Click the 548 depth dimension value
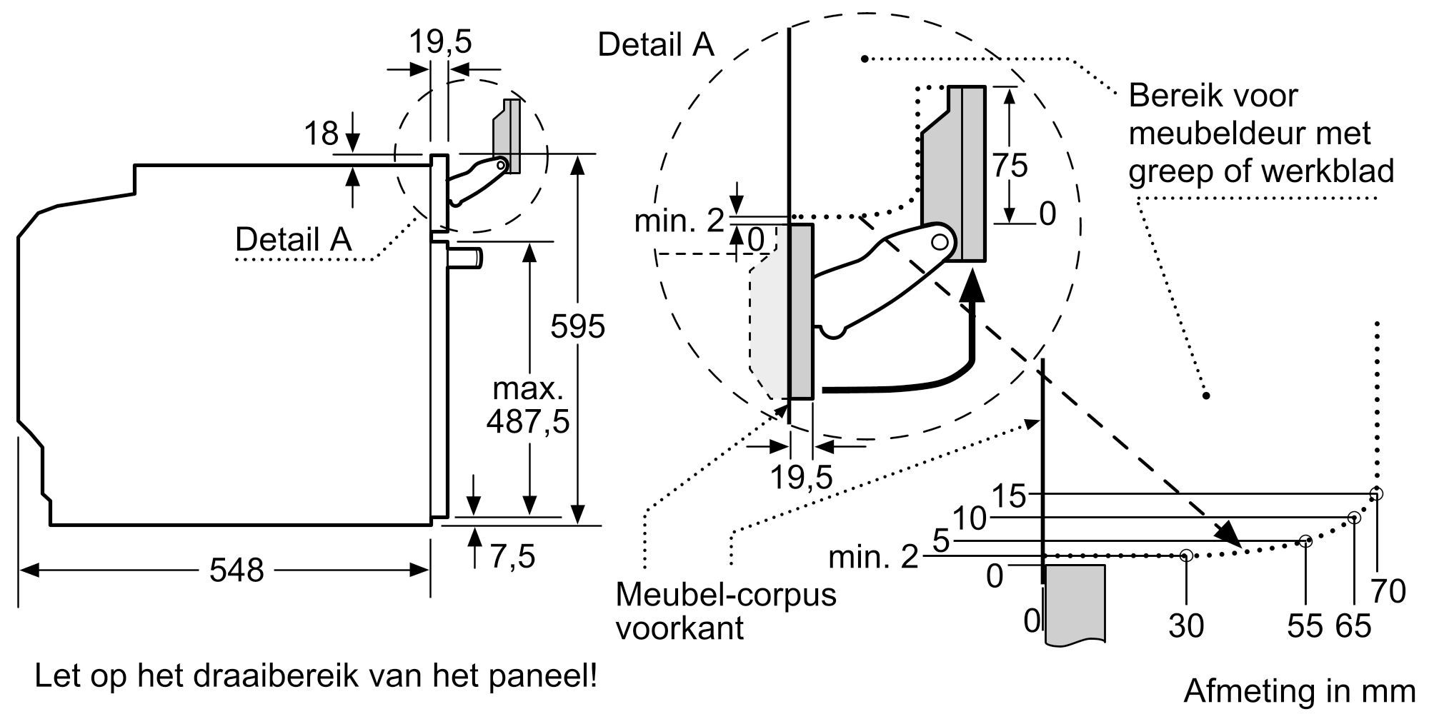[x=236, y=570]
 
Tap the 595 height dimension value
[x=577, y=326]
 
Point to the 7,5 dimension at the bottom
[x=512, y=556]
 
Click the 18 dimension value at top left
[x=321, y=134]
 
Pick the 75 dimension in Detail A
[x=1010, y=166]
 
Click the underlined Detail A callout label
[x=294, y=239]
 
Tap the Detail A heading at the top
[x=655, y=44]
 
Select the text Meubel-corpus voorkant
[x=725, y=610]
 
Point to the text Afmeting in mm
[x=1300, y=690]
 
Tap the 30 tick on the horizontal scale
[x=1186, y=626]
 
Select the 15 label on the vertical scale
[x=1010, y=495]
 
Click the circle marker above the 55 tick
[x=1305, y=541]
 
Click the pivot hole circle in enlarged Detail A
[x=940, y=242]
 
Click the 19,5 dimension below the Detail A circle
[x=801, y=477]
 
